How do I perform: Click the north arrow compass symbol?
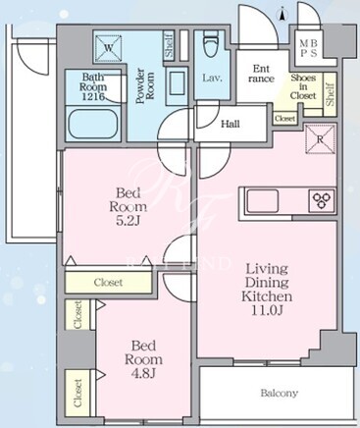(x=282, y=15)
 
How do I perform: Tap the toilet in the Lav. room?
(x=212, y=45)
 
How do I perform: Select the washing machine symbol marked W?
(x=108, y=49)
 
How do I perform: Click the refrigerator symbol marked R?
(x=320, y=139)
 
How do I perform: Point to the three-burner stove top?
(x=322, y=200)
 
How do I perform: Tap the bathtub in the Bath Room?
(x=94, y=124)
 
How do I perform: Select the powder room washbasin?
(x=177, y=85)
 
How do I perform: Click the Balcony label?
(x=279, y=393)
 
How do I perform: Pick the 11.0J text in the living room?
(x=267, y=310)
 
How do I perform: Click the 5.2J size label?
(x=129, y=221)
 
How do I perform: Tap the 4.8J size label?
(x=144, y=373)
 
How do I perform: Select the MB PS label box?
(x=308, y=48)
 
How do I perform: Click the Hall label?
(x=231, y=124)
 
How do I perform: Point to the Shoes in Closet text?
(x=303, y=86)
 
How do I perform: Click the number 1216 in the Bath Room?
(x=93, y=96)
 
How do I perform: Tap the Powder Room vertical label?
(x=145, y=85)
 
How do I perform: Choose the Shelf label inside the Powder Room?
(x=170, y=46)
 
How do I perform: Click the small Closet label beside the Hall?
(x=284, y=119)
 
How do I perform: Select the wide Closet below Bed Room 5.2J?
(x=108, y=282)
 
